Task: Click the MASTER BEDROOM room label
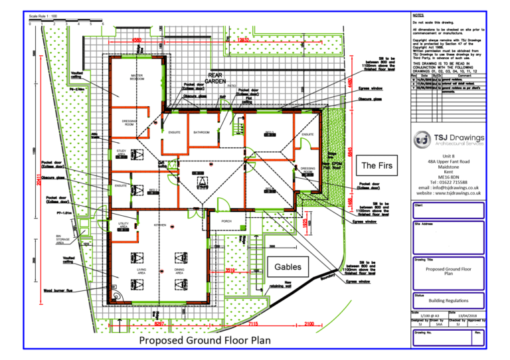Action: pyautogui.click(x=137, y=78)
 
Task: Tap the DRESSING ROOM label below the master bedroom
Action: pyautogui.click(x=129, y=123)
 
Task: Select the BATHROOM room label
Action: pyautogui.click(x=201, y=133)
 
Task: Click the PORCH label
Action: pyautogui.click(x=226, y=221)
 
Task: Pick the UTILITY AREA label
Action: pyautogui.click(x=123, y=226)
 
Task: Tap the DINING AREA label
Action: pyautogui.click(x=179, y=271)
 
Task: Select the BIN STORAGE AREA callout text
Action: pyautogui.click(x=64, y=239)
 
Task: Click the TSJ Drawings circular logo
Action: pyautogui.click(x=422, y=139)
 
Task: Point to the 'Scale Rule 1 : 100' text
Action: pyautogui.click(x=42, y=15)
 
